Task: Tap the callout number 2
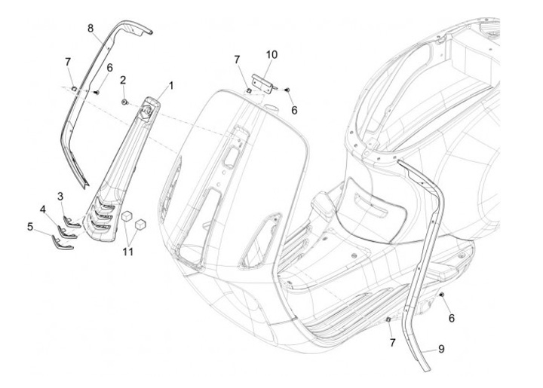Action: [122, 79]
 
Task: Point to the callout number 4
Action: [44, 209]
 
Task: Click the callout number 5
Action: [30, 225]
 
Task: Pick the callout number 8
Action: [90, 29]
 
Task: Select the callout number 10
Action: [271, 54]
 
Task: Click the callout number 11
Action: [128, 251]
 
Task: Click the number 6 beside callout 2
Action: [109, 68]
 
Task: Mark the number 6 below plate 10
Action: [294, 110]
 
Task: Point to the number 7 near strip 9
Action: [391, 344]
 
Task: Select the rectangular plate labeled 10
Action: [262, 81]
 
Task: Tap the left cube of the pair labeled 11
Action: [126, 217]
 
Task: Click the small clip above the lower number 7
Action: [386, 319]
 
